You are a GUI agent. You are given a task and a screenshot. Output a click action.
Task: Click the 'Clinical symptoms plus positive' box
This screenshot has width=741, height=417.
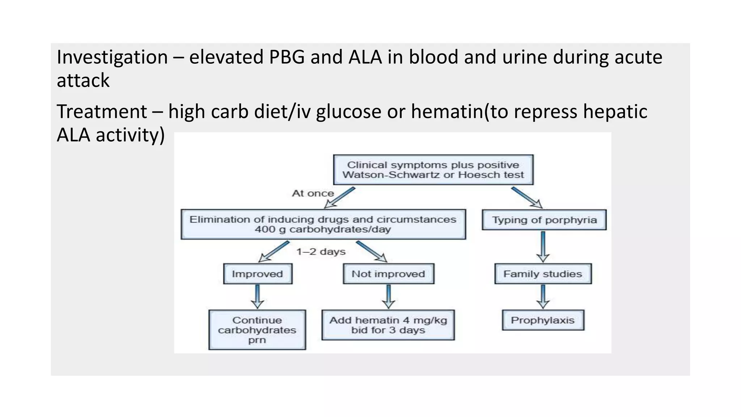pyautogui.click(x=433, y=170)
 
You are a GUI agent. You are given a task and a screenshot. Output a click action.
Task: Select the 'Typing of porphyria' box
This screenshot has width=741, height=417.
pyautogui.click(x=544, y=220)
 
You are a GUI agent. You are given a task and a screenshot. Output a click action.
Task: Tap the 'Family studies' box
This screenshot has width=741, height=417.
pyautogui.click(x=543, y=274)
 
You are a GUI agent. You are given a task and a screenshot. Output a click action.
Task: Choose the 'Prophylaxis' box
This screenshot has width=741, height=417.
pyautogui.click(x=543, y=320)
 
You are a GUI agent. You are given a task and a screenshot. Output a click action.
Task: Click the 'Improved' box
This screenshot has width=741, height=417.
pyautogui.click(x=257, y=274)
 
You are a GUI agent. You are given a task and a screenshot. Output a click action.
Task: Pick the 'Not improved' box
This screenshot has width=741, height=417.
pyautogui.click(x=388, y=274)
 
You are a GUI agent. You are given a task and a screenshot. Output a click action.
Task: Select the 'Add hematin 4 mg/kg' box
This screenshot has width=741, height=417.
pyautogui.click(x=388, y=325)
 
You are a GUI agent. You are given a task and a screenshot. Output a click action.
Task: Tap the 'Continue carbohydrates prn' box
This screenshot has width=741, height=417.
pyautogui.click(x=257, y=329)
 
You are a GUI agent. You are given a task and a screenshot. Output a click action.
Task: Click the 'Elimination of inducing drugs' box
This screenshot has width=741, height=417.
pyautogui.click(x=323, y=224)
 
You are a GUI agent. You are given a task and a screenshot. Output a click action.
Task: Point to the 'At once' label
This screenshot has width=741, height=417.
pyautogui.click(x=313, y=193)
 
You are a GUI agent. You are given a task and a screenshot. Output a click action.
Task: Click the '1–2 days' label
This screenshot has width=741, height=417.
pyautogui.click(x=321, y=252)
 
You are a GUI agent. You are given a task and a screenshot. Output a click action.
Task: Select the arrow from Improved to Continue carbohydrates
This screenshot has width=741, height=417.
pyautogui.click(x=257, y=296)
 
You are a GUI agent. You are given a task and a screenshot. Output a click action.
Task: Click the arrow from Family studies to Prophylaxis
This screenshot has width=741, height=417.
pyautogui.click(x=543, y=296)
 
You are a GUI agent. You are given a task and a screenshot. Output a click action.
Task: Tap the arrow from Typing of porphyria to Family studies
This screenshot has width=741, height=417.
pyautogui.click(x=543, y=247)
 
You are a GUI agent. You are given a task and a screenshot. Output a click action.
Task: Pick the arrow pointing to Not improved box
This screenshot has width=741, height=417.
pyautogui.click(x=371, y=251)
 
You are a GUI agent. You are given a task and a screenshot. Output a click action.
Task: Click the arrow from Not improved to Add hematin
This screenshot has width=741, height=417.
pyautogui.click(x=388, y=296)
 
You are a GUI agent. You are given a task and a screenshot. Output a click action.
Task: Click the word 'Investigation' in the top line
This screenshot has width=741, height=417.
pyautogui.click(x=112, y=58)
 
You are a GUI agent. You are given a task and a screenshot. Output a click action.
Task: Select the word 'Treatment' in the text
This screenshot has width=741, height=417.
pyautogui.click(x=102, y=111)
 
